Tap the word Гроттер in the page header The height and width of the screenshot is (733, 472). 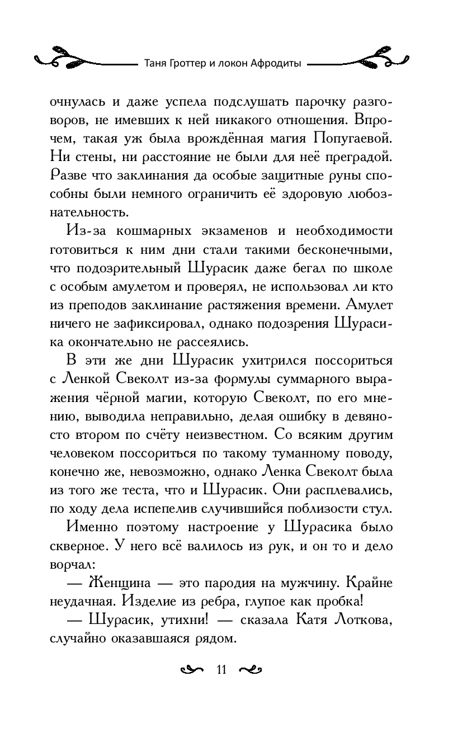186,63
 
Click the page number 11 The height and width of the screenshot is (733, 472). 220,670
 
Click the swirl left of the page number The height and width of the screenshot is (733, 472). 192,670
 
